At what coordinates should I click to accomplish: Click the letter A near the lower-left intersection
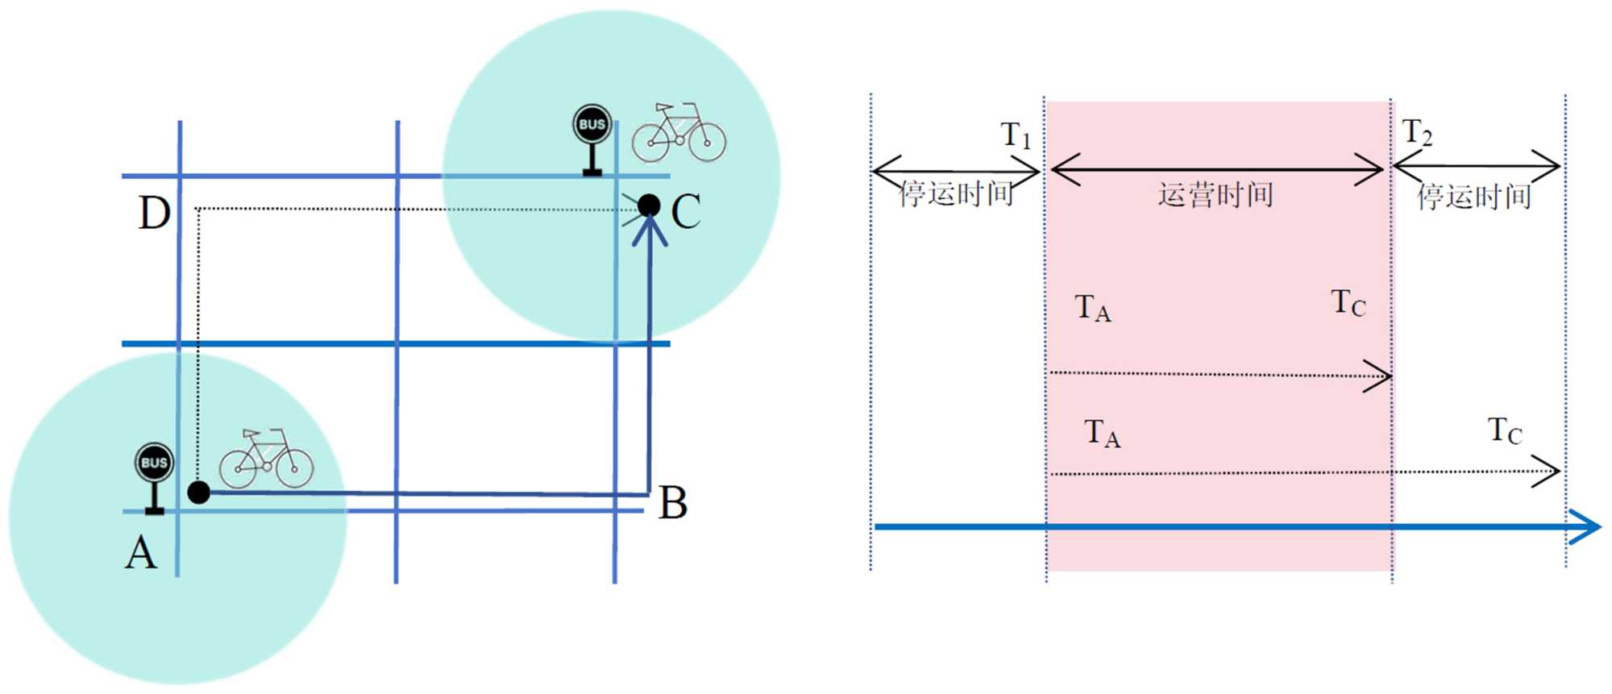[x=141, y=554]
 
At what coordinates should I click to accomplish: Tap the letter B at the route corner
[x=673, y=503]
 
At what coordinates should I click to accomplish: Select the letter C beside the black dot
[x=686, y=212]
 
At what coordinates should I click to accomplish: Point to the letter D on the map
[x=154, y=214]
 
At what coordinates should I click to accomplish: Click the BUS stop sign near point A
[x=154, y=476]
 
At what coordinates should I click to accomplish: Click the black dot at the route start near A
[x=198, y=492]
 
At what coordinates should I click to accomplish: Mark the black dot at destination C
[x=649, y=206]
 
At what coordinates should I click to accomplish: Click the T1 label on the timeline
[x=1016, y=135]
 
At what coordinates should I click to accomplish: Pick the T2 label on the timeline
[x=1417, y=131]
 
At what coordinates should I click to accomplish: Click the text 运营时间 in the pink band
[x=1215, y=195]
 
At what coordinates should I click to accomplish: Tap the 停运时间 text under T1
[x=956, y=193]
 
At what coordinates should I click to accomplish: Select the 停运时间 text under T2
[x=1474, y=196]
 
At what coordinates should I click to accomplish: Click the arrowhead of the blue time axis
[x=1586, y=526]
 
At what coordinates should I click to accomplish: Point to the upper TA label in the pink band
[x=1093, y=308]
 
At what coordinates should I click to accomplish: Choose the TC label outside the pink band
[x=1505, y=431]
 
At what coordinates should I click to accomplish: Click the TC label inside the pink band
[x=1348, y=303]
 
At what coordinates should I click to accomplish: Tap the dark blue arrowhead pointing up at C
[x=649, y=230]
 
